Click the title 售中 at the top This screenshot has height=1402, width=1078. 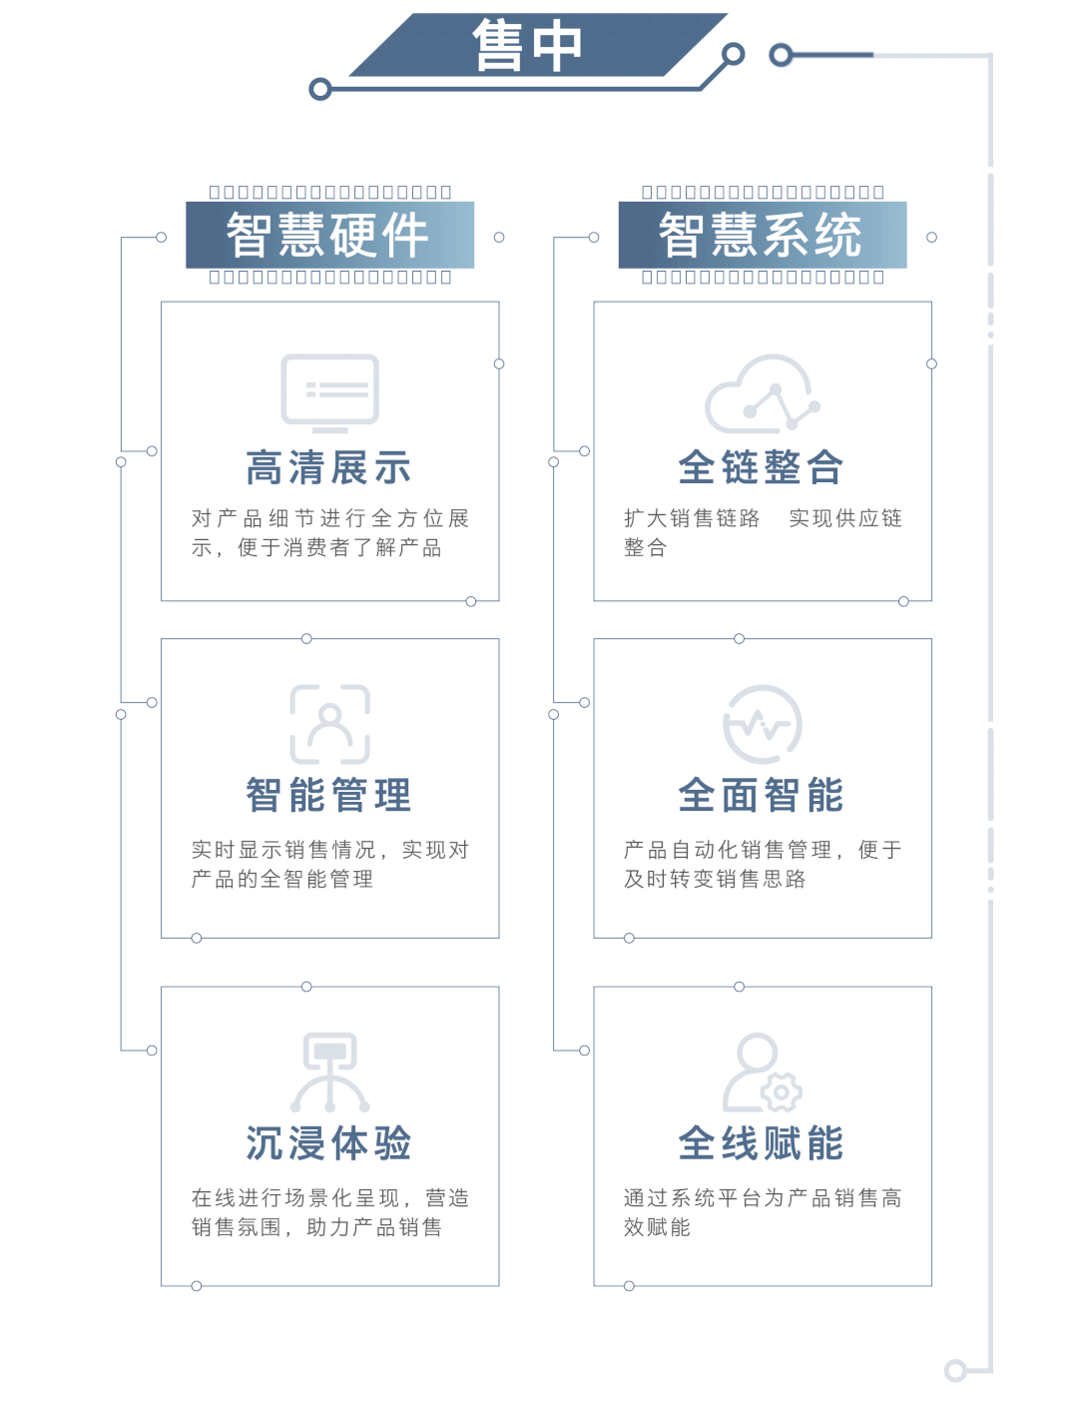point(527,46)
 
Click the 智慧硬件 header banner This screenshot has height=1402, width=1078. point(328,236)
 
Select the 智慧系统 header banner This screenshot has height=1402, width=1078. point(761,236)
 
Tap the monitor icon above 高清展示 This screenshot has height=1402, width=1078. point(329,391)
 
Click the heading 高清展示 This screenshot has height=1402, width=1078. point(328,468)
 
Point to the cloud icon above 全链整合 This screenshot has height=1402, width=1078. point(762,393)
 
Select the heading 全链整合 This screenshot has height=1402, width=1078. point(761,467)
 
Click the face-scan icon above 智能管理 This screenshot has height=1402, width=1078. point(329,724)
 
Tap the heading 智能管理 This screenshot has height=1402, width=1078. point(328,796)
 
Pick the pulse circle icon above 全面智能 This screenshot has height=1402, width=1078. point(762,724)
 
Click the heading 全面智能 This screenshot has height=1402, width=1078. point(761,796)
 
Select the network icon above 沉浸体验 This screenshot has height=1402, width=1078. point(329,1071)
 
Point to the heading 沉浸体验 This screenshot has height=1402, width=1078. point(328,1144)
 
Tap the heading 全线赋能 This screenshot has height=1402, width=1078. point(761,1144)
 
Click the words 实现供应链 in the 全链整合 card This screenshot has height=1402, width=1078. point(845,518)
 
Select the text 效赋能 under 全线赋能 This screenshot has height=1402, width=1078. point(657,1227)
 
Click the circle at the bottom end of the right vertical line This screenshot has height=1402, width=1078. point(955,1370)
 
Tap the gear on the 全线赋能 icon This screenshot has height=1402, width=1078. point(782,1092)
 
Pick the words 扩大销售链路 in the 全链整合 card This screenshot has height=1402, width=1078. point(692,518)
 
